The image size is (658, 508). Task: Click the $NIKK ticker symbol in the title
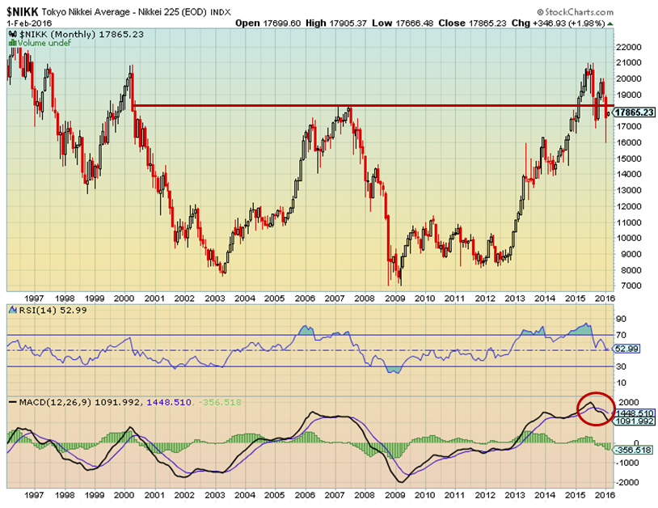point(25,11)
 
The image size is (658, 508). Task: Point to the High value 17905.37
point(325,23)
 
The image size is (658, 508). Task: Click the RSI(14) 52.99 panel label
point(51,310)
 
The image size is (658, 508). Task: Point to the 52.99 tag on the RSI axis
point(626,349)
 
